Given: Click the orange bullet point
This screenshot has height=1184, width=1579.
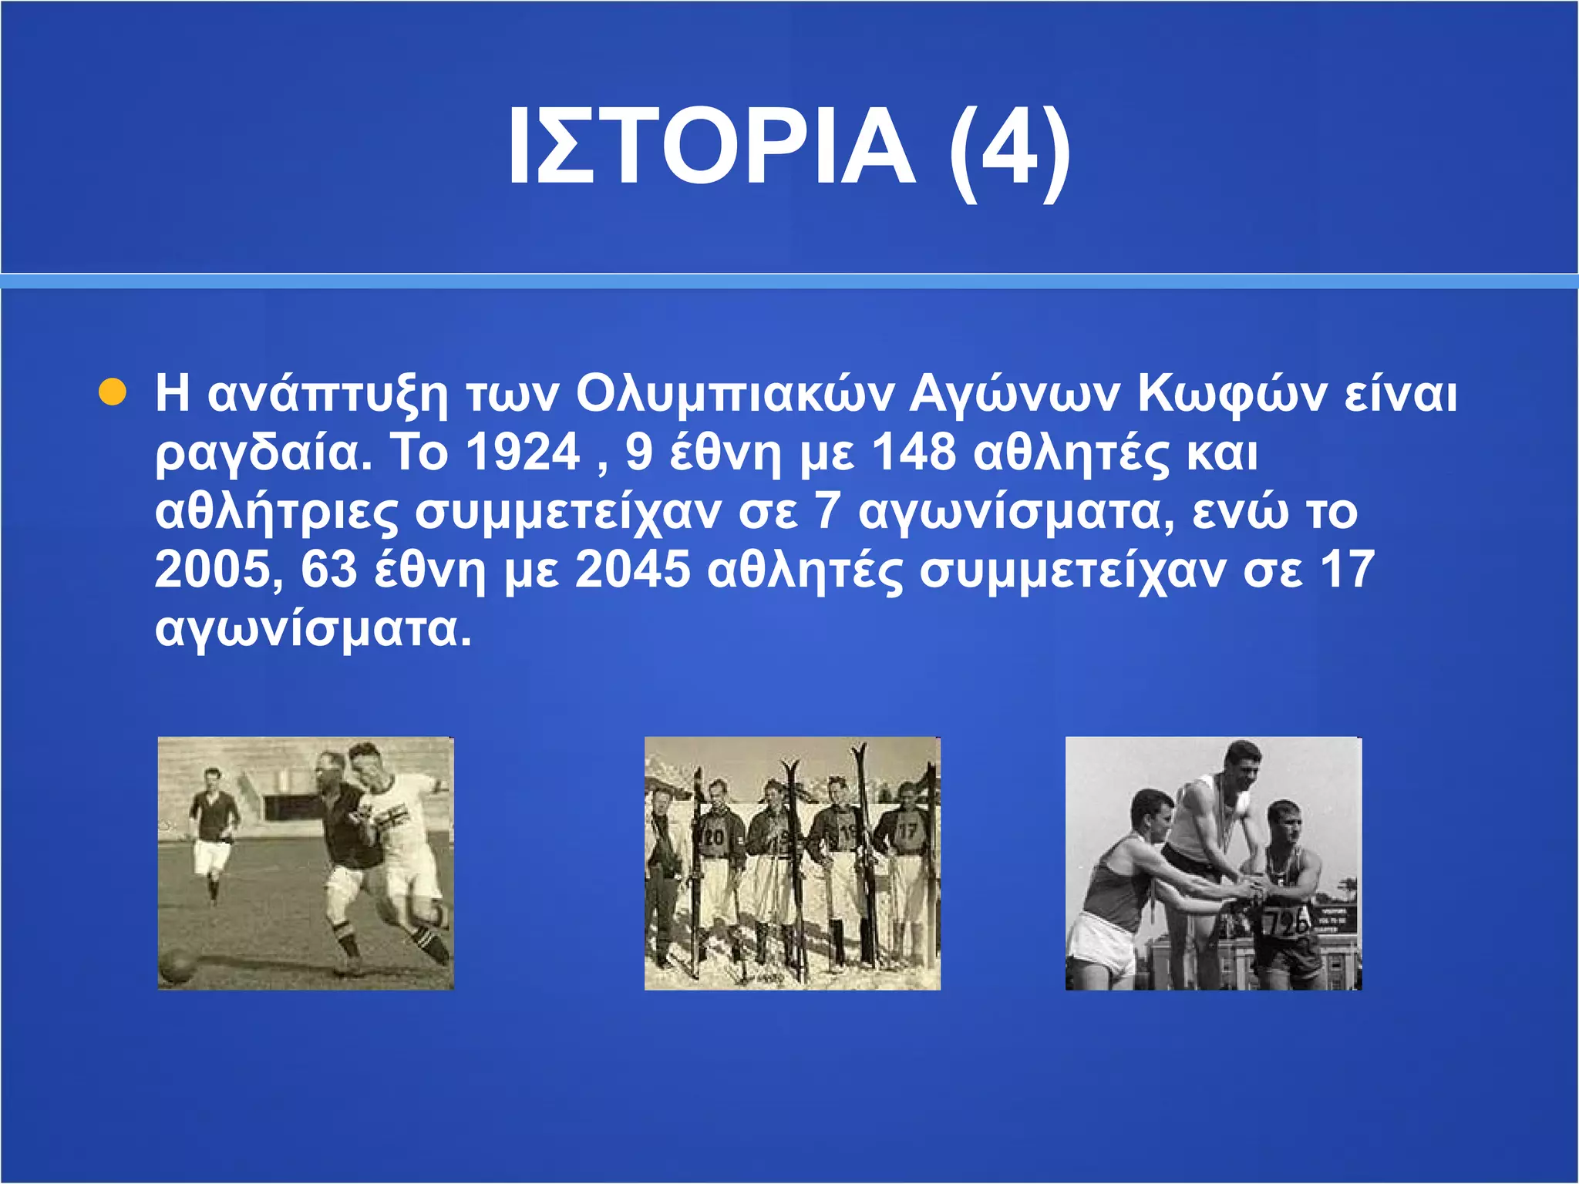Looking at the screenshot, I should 113,392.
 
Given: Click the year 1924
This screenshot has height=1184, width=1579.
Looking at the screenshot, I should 524,452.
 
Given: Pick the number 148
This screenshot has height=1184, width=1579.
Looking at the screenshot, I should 914,452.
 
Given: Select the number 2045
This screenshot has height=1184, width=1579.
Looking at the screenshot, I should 632,570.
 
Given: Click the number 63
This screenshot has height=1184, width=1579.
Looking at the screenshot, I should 329,570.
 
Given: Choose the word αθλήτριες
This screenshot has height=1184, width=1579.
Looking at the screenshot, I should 277,512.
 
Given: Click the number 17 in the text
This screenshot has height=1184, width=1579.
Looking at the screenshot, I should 1347,570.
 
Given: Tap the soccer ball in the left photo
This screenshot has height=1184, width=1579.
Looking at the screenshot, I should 177,965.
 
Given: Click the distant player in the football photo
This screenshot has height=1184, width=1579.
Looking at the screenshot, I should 210,829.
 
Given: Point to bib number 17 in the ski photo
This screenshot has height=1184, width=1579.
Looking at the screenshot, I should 907,832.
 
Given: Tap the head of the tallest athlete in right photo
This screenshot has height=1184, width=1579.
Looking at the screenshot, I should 1242,762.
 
